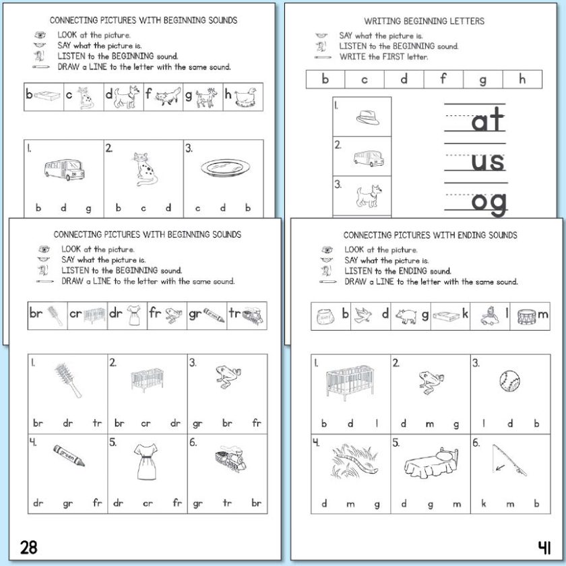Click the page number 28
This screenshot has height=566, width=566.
point(28,546)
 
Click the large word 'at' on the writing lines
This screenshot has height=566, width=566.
point(487,122)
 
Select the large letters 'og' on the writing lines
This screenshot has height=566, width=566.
point(489,202)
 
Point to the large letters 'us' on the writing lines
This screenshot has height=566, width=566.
point(487,162)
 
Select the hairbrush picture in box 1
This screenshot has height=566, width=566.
point(69,379)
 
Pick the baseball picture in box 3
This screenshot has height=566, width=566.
point(508,381)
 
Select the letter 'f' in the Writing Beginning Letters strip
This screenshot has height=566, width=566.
point(443,79)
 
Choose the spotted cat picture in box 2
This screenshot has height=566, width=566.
point(143,169)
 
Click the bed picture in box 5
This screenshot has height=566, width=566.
point(429,464)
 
